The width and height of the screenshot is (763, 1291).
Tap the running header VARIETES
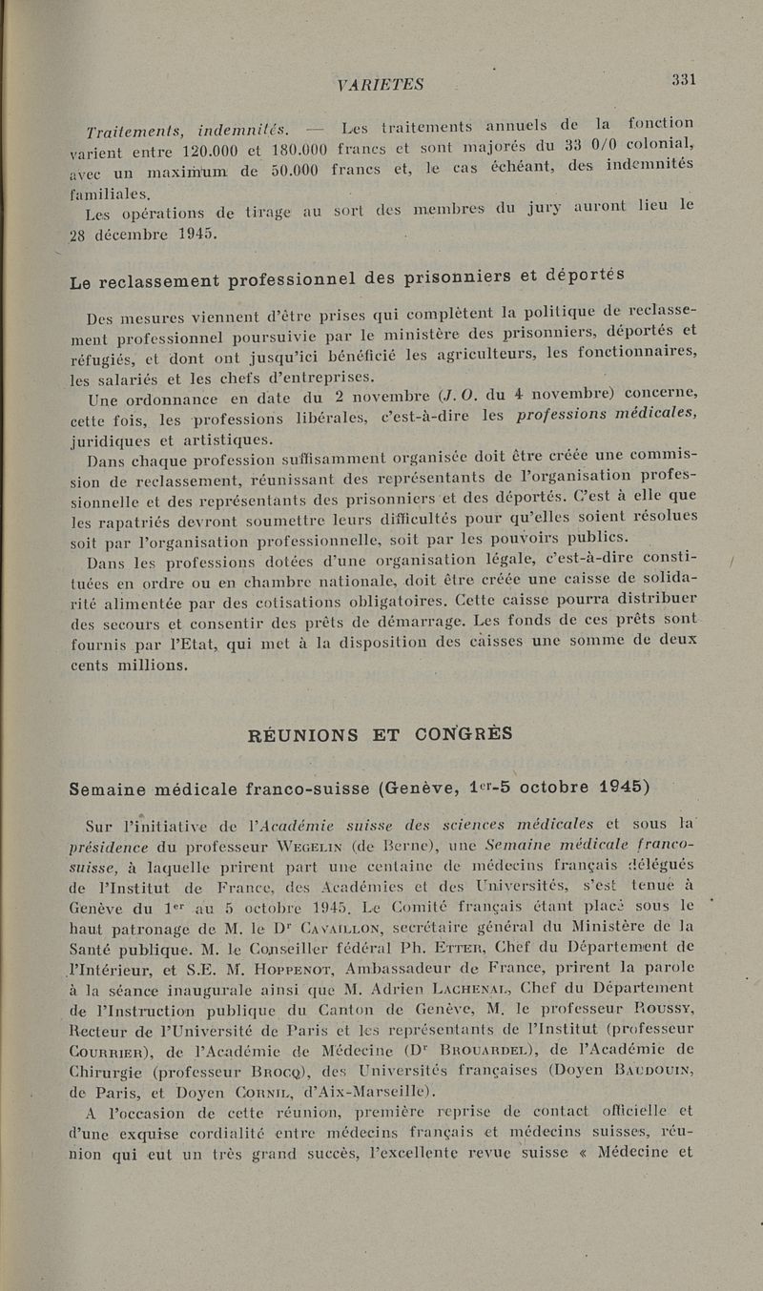(381, 84)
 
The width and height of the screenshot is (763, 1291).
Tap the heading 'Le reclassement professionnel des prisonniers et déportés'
(347, 279)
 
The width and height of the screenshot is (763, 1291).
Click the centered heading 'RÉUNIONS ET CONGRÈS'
(380, 734)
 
